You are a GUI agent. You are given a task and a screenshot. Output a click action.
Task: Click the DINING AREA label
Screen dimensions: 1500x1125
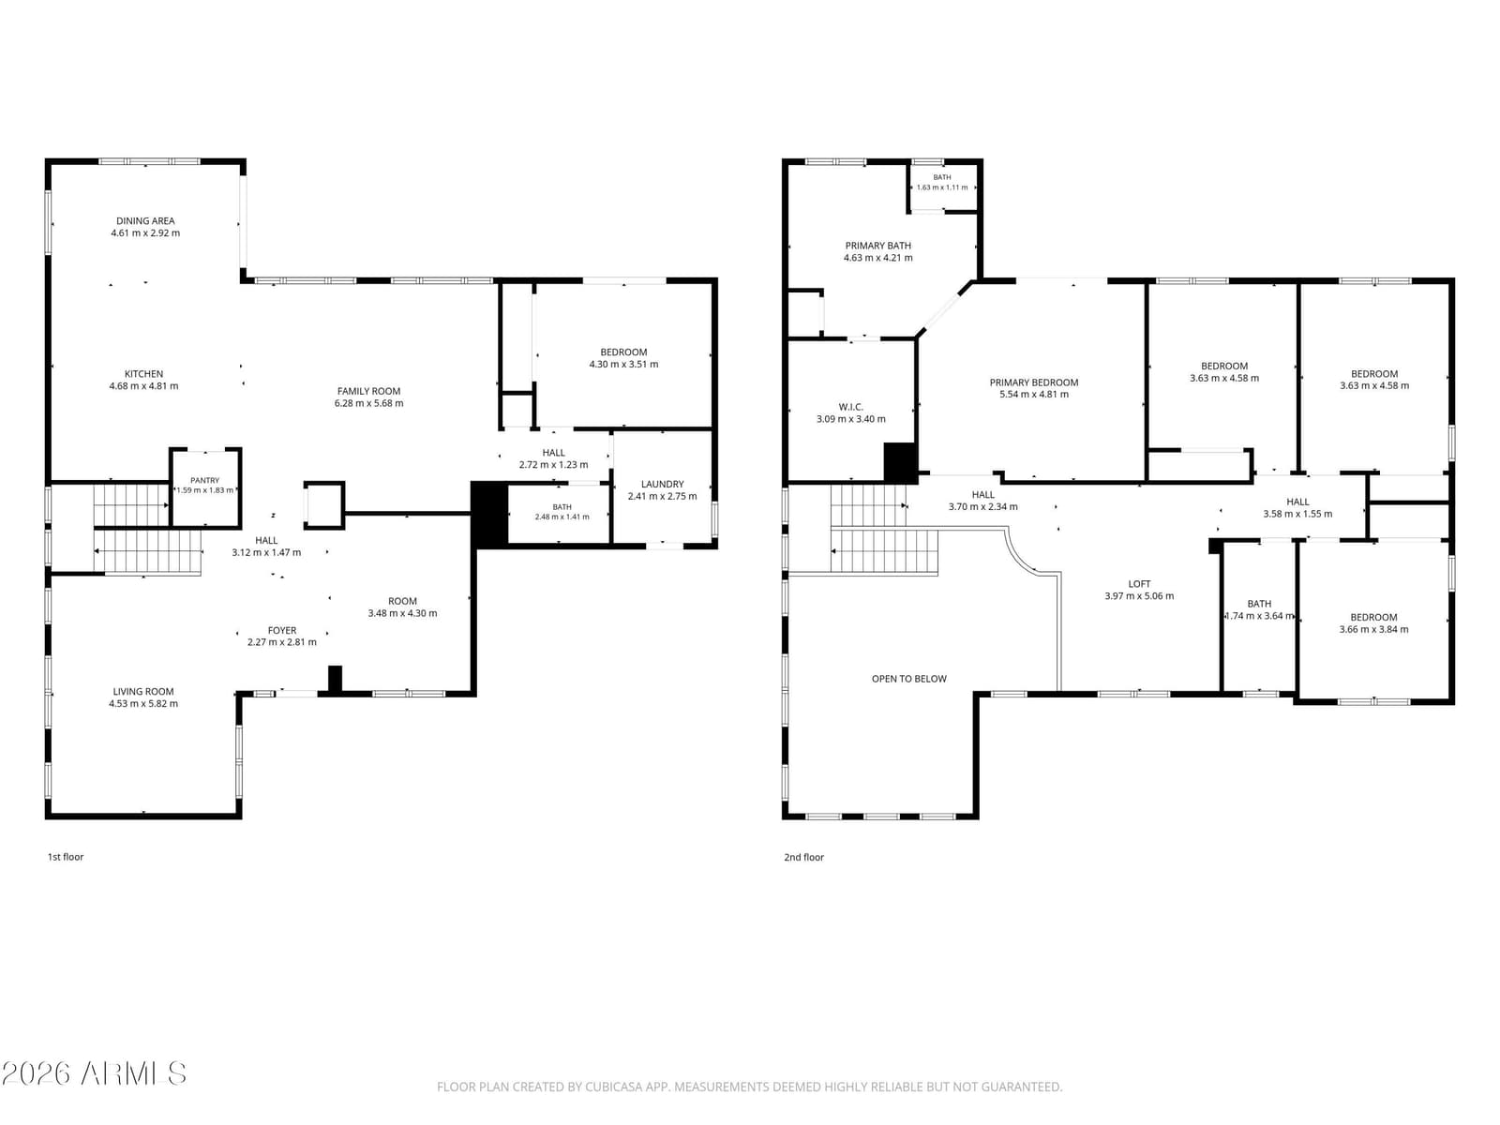click(x=145, y=220)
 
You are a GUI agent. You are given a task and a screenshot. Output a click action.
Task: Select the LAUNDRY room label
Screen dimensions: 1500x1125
click(x=662, y=484)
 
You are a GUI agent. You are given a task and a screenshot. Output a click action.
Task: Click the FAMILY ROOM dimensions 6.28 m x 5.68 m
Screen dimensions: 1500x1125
click(x=369, y=403)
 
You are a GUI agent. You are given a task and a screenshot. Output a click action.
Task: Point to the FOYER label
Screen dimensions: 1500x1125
click(x=281, y=630)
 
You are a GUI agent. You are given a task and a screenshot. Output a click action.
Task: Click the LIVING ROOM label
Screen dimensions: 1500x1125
click(x=143, y=691)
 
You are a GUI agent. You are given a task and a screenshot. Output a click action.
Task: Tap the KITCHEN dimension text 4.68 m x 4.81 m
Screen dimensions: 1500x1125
click(x=143, y=386)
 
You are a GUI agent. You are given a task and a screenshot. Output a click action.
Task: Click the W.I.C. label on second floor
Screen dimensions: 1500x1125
click(x=851, y=407)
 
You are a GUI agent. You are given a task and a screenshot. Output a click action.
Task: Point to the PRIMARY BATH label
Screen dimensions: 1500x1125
click(x=878, y=246)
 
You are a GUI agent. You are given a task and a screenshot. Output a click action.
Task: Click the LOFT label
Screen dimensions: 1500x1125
click(x=1139, y=583)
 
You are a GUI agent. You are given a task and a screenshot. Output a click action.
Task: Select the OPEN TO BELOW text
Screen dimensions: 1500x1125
click(x=908, y=678)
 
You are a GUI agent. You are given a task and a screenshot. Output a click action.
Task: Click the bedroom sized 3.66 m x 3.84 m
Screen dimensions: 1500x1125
click(x=1373, y=622)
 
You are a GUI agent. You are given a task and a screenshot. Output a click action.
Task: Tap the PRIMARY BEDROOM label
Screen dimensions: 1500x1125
click(x=1034, y=382)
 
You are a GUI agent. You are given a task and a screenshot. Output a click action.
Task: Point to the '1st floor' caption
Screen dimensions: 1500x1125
click(x=66, y=857)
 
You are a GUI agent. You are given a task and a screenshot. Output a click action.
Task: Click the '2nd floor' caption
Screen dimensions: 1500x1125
click(x=803, y=857)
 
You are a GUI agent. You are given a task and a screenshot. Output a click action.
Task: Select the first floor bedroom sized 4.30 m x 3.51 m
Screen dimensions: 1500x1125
click(x=624, y=358)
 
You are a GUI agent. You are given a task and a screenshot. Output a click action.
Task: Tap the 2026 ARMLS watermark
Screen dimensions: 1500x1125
click(x=94, y=1073)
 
